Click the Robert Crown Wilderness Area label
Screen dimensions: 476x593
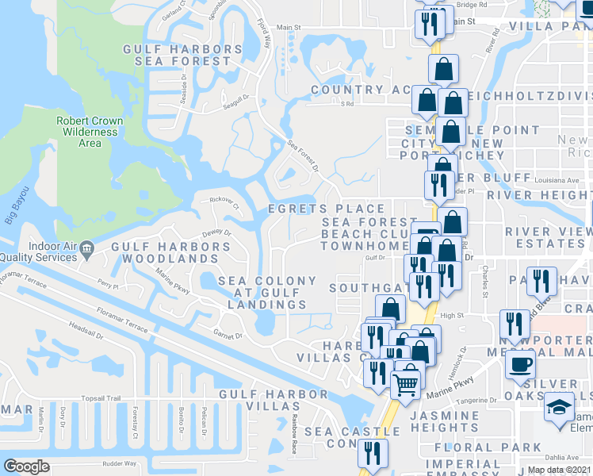click(x=90, y=132)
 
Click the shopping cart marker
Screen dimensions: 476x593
click(x=407, y=384)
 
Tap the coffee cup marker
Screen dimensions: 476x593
click(x=521, y=364)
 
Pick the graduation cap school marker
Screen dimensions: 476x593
click(x=559, y=407)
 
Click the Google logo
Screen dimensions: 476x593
click(x=26, y=466)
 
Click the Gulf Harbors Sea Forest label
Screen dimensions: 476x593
click(x=182, y=55)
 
